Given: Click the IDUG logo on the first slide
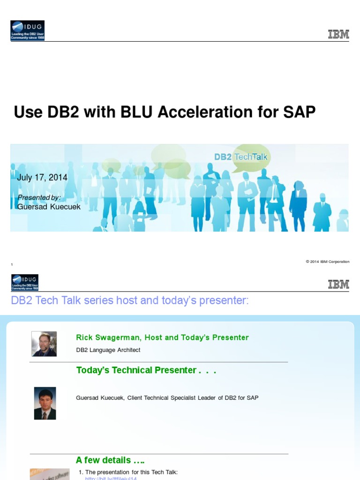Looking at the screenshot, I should pyautogui.click(x=27, y=30).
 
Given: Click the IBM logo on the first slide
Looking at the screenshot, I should pyautogui.click(x=338, y=34).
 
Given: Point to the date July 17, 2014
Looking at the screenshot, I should pyautogui.click(x=42, y=178).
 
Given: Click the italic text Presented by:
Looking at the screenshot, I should pyautogui.click(x=39, y=197).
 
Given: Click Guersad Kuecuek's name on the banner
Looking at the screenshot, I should pyautogui.click(x=49, y=207).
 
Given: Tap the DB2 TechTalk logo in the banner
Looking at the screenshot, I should pyautogui.click(x=241, y=157).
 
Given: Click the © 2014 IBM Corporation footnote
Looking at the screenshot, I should pyautogui.click(x=328, y=262).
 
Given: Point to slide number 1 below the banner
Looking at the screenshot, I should pyautogui.click(x=12, y=265).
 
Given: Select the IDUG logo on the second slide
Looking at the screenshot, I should pyautogui.click(x=24, y=283).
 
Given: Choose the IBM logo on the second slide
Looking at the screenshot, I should pyautogui.click(x=338, y=284).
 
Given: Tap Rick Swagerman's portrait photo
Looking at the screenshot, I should pyautogui.click(x=44, y=344).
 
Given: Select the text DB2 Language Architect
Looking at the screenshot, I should pyautogui.click(x=108, y=350).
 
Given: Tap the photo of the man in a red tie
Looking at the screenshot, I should pyautogui.click(x=45, y=403).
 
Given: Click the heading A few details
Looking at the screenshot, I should pyautogui.click(x=110, y=460).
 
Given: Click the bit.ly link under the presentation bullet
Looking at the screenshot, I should pyautogui.click(x=111, y=478).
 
